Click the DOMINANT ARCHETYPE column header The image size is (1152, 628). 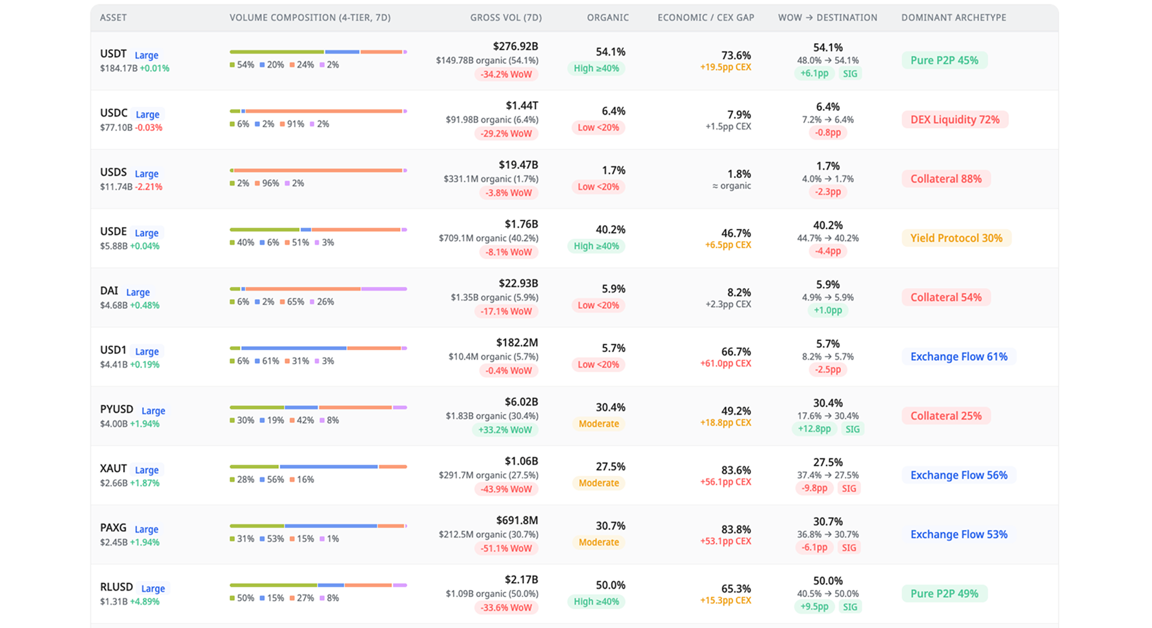tap(953, 17)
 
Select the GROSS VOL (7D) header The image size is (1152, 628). tap(505, 17)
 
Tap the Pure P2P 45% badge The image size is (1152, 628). tap(944, 61)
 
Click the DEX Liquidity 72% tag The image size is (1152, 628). tap(955, 120)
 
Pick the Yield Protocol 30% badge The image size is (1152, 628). tap(956, 239)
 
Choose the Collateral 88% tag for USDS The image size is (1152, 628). tap(945, 179)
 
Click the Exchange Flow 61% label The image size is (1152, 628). tap(958, 357)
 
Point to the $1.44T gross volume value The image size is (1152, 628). tap(521, 106)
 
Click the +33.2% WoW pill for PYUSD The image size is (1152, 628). tap(505, 430)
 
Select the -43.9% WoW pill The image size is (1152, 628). tap(506, 489)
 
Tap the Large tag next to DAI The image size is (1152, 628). tap(137, 292)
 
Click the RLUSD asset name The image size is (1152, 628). tap(116, 587)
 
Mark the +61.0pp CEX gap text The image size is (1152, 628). tap(725, 364)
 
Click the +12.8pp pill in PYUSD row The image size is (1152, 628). tap(814, 429)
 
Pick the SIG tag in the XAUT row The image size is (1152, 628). tap(849, 489)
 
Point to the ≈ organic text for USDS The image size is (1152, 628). tap(731, 186)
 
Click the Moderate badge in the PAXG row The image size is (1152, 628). tap(598, 542)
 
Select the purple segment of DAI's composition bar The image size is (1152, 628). tap(383, 289)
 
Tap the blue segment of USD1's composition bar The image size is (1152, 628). tap(294, 348)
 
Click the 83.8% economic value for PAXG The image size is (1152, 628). tap(736, 529)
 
